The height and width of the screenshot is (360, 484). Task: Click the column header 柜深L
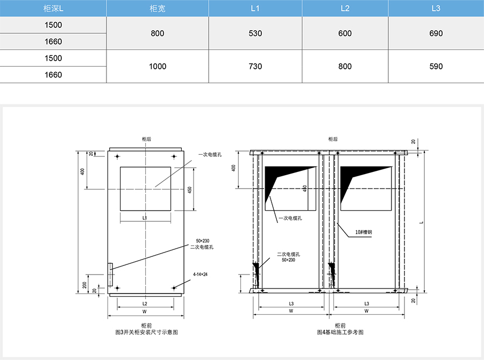[53, 9]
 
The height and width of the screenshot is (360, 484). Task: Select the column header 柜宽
[158, 9]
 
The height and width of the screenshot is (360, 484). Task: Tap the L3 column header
[436, 9]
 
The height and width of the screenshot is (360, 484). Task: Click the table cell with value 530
[255, 33]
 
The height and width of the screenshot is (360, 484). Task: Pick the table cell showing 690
[436, 33]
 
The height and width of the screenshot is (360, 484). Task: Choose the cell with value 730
[255, 66]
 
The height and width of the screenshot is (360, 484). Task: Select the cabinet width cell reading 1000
[158, 66]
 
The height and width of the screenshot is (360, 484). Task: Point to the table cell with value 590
[436, 66]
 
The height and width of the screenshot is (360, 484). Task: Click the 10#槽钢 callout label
[364, 232]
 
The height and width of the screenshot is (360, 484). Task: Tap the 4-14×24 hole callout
[201, 274]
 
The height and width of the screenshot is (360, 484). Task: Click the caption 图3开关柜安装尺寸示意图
[147, 332]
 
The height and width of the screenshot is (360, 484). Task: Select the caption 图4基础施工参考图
[340, 332]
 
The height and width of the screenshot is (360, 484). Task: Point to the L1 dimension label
[145, 218]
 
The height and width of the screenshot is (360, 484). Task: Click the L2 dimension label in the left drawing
[145, 304]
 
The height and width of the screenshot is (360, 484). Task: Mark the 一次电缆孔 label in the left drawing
[210, 155]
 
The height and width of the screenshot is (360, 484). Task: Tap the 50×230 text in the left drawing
[203, 241]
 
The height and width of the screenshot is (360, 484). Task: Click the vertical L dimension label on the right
[422, 222]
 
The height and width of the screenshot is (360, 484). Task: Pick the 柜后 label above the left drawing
[147, 139]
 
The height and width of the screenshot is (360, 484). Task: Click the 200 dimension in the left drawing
[84, 285]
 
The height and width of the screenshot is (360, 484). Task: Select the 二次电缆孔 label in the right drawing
[288, 254]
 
